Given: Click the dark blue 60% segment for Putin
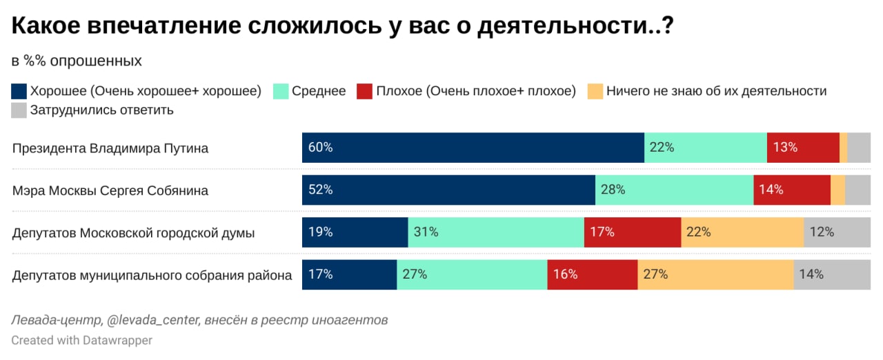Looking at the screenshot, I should [473, 148].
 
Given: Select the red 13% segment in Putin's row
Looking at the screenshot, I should [803, 148].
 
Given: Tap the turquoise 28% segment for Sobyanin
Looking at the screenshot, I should [674, 190].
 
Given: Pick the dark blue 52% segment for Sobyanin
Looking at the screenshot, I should [448, 190].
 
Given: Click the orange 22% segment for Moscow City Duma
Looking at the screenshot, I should [742, 232].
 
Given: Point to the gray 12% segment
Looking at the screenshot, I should [837, 232].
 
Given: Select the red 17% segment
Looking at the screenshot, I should [633, 232].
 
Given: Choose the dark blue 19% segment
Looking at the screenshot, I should [355, 232].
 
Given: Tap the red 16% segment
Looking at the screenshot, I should [592, 274].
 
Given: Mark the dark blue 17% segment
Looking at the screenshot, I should [349, 274].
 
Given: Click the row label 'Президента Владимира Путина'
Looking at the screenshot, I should [110, 148].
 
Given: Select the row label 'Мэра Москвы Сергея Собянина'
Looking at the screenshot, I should [110, 190].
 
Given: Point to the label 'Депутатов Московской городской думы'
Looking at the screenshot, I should [134, 233].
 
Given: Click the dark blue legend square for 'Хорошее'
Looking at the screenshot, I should [19, 91].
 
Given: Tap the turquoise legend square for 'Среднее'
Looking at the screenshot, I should [281, 91].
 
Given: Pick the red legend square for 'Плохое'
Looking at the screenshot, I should [365, 91].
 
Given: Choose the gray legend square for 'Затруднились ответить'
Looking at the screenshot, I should [19, 110].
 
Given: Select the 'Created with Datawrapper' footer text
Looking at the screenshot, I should [81, 340].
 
